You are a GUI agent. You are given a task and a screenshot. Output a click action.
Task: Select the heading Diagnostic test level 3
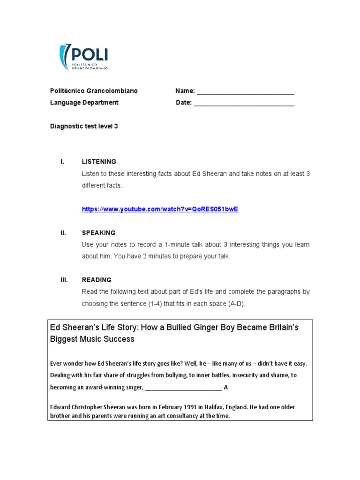(x=84, y=126)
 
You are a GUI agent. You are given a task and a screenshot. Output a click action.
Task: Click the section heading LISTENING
(x=99, y=162)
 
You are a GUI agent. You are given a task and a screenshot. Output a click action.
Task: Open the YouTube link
(x=160, y=209)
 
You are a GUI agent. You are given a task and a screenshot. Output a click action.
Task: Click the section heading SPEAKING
(x=98, y=233)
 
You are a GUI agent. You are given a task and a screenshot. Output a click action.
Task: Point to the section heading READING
(x=97, y=280)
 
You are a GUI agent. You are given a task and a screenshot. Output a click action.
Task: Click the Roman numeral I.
(x=62, y=162)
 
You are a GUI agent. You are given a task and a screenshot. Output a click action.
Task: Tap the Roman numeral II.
(x=63, y=233)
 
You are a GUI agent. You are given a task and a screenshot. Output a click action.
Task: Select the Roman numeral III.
(x=64, y=280)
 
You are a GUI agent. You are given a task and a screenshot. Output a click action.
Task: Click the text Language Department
(x=84, y=103)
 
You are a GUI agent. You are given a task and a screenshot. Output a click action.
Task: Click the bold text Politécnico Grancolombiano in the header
(x=94, y=91)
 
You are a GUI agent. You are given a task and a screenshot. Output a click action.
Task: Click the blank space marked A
(x=183, y=388)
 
